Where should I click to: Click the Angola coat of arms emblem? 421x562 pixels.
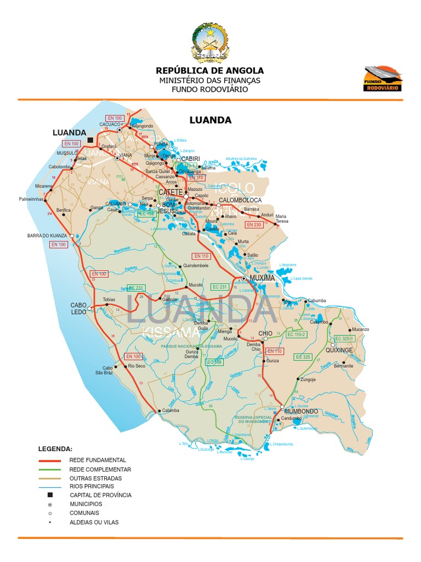point(210,42)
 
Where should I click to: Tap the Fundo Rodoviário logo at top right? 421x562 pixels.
point(383,78)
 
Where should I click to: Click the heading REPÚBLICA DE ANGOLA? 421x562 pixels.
point(210,70)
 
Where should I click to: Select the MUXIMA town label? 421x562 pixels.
point(261,278)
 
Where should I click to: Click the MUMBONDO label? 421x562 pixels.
point(301,411)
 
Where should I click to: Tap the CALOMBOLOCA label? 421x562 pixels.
point(240,200)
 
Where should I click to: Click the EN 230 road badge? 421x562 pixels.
point(254,225)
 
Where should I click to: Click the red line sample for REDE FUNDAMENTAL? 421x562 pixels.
point(50,460)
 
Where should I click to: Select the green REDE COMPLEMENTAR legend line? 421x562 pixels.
point(50,470)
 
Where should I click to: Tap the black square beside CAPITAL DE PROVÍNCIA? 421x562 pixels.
point(50,494)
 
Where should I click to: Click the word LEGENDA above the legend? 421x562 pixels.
point(55,448)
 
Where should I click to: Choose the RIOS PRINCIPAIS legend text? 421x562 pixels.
point(92,486)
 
